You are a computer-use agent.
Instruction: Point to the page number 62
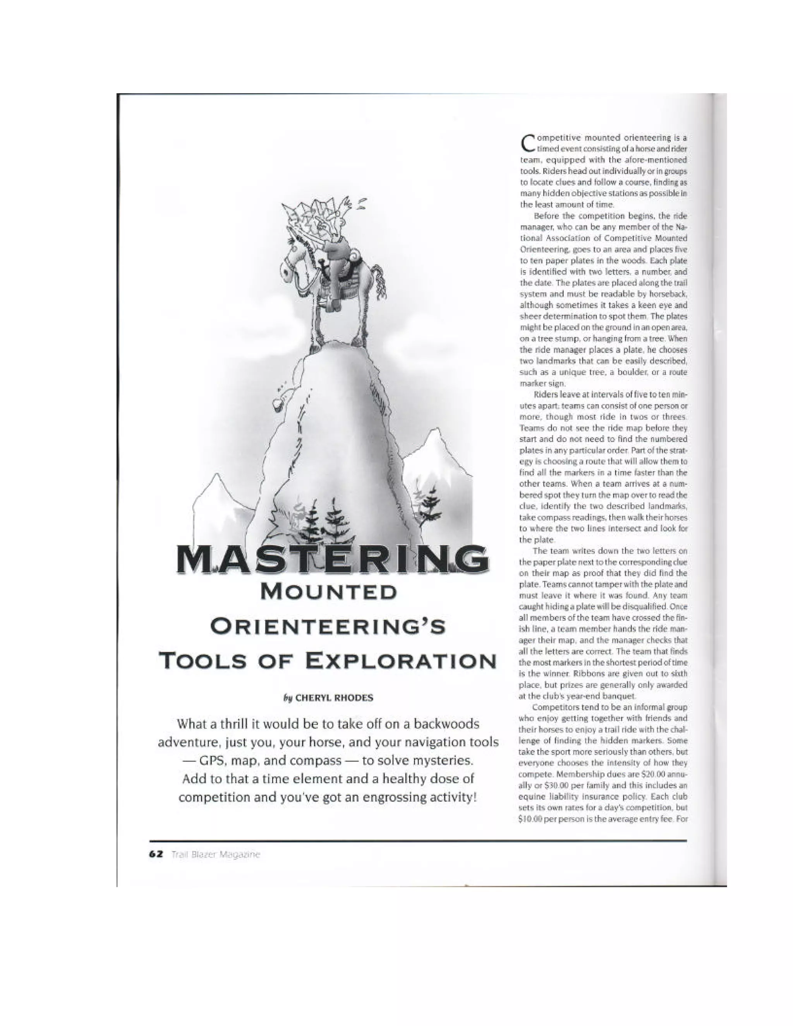click(x=156, y=854)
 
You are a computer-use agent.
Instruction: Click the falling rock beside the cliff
click(x=278, y=404)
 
